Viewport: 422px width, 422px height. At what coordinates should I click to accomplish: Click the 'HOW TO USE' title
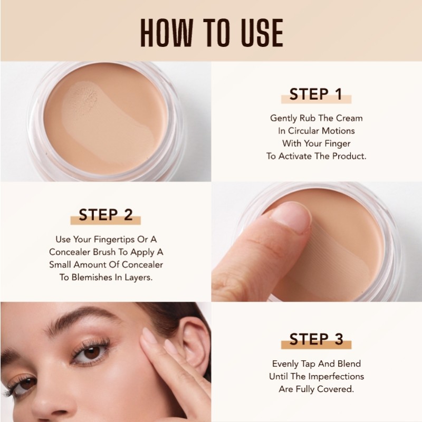pyautogui.click(x=211, y=33)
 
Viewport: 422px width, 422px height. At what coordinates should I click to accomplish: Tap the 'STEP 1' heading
pyautogui.click(x=316, y=94)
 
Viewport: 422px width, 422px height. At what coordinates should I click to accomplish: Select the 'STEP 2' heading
pyautogui.click(x=105, y=215)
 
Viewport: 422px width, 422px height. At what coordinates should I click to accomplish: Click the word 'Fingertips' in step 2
pyautogui.click(x=119, y=238)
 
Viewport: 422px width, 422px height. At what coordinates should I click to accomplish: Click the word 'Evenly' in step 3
pyautogui.click(x=286, y=364)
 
